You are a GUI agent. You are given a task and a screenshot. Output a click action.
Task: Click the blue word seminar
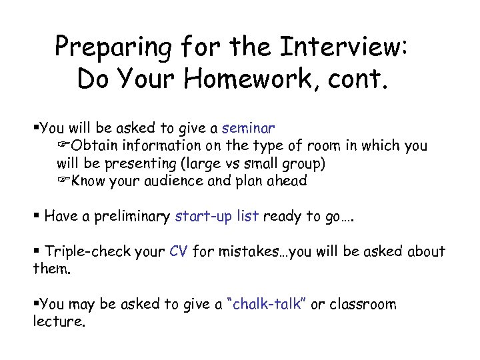248,127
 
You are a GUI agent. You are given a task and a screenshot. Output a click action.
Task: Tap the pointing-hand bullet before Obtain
64,145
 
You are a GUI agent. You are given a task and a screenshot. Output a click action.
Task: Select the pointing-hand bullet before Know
64,181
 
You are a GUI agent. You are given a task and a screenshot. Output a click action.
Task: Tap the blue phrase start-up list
217,217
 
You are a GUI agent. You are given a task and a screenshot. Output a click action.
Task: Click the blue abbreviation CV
179,251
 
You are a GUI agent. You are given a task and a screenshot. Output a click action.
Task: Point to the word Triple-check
83,251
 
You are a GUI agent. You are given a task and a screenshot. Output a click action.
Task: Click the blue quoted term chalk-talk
267,305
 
